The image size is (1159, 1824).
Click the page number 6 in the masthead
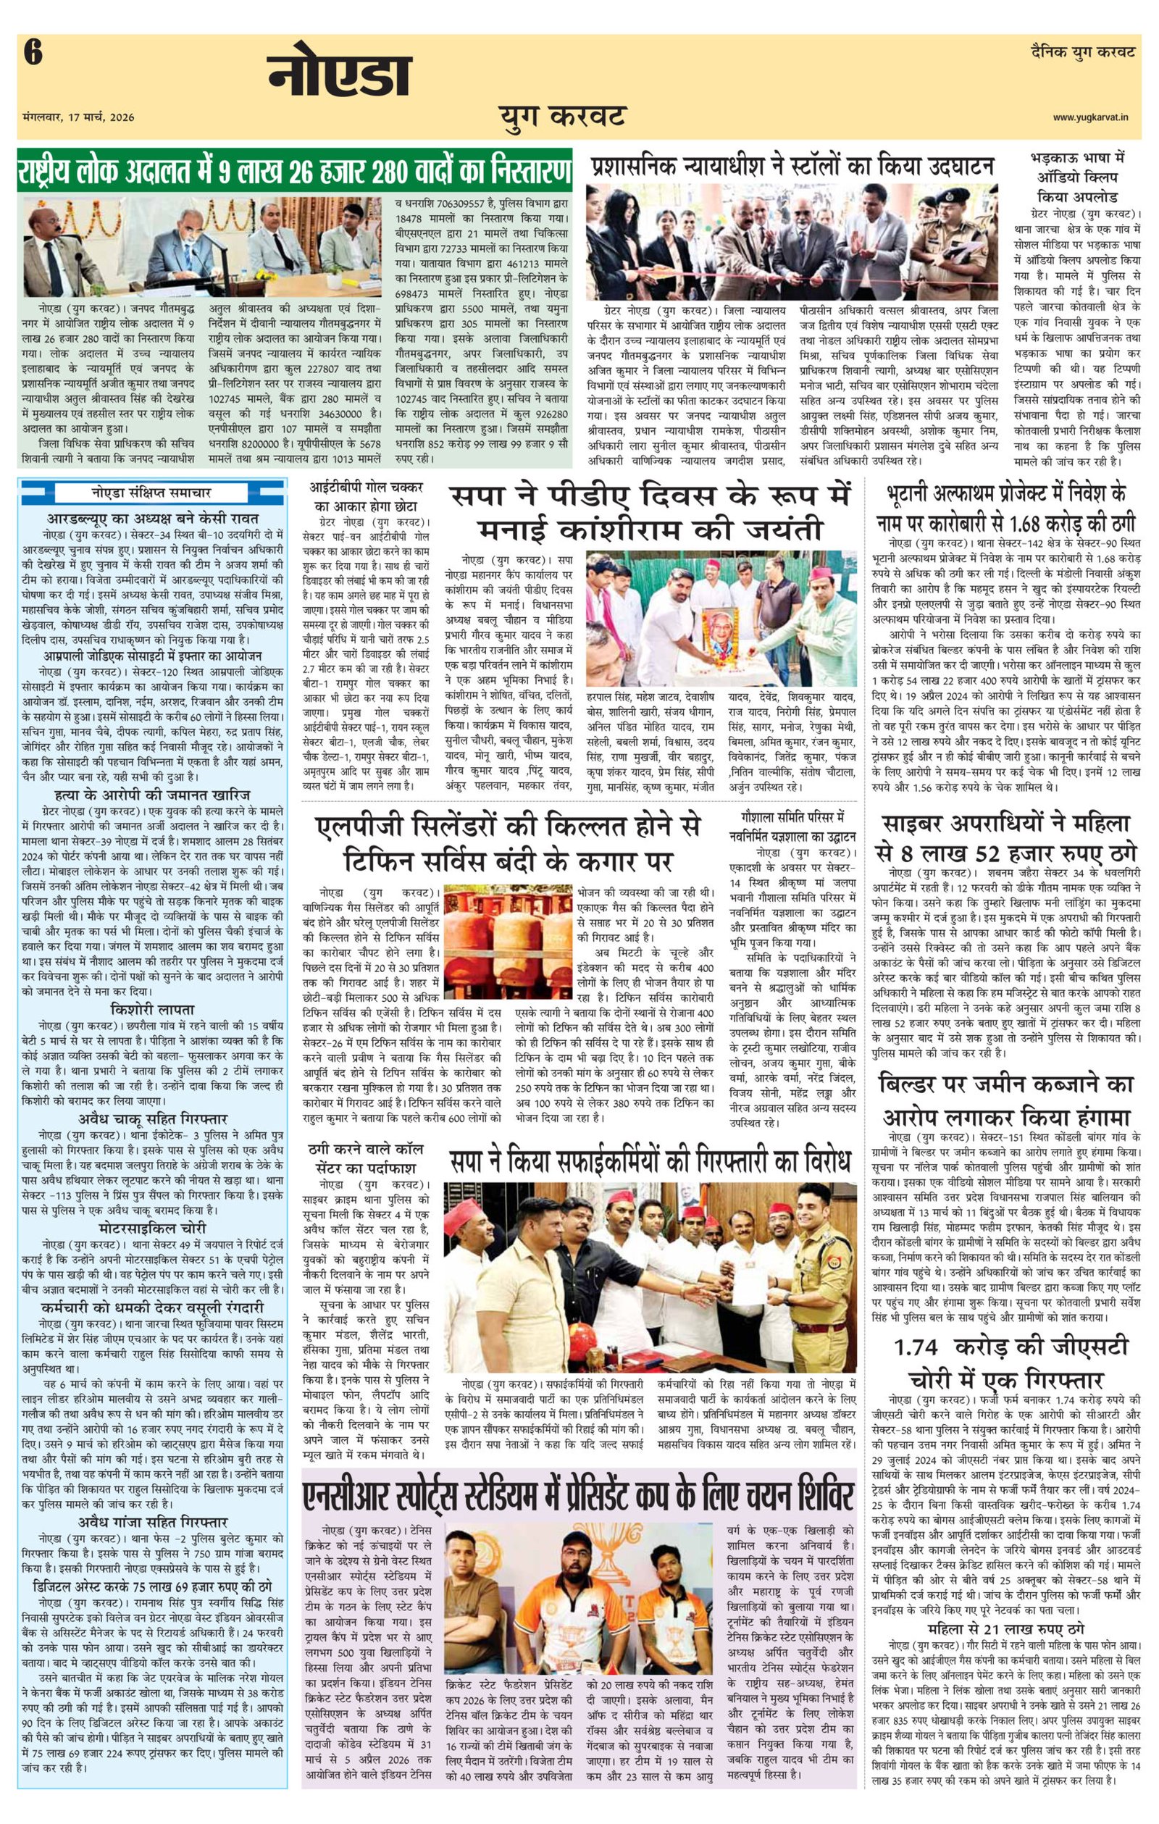coord(33,54)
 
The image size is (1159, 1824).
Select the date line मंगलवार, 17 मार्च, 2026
coord(79,117)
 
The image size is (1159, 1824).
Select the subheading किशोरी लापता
coord(152,1009)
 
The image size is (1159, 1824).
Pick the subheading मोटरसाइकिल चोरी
coord(152,1227)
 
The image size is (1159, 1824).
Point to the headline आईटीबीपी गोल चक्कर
coord(369,495)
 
